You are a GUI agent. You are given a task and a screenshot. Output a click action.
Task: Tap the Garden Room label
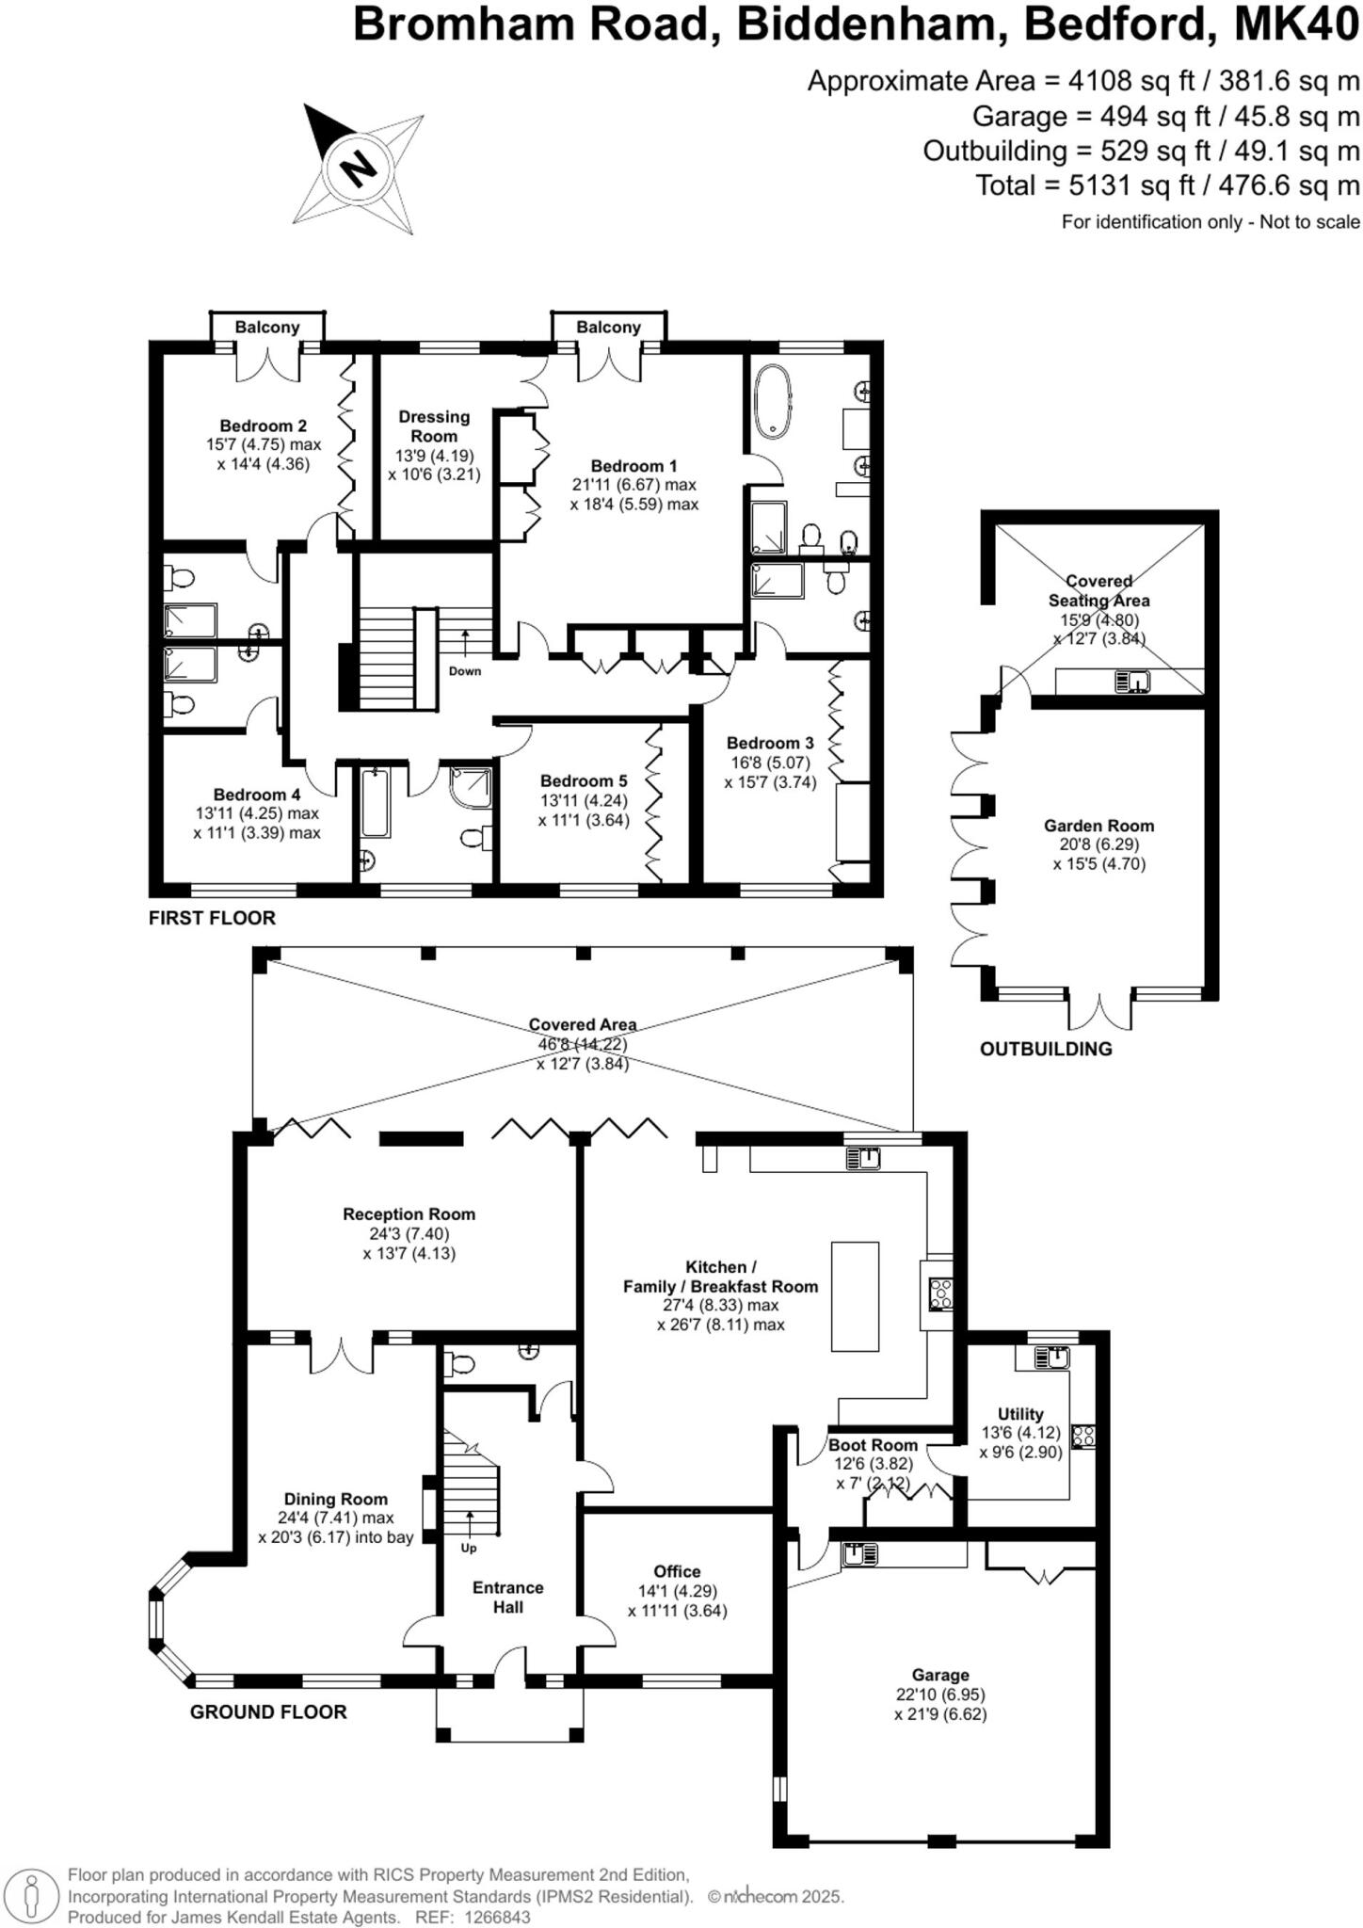tap(1098, 826)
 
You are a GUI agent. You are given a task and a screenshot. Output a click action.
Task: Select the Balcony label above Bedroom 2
tap(267, 327)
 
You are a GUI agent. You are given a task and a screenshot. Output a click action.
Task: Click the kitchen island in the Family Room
tap(855, 1296)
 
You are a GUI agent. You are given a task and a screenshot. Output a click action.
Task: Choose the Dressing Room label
tap(434, 426)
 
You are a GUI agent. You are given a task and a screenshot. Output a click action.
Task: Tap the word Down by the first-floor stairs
tap(465, 671)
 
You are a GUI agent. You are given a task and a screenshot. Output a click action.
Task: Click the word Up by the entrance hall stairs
tap(469, 1548)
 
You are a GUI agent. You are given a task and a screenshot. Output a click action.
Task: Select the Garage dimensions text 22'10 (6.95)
tap(940, 1695)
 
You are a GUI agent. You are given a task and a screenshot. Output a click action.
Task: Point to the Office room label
tap(678, 1571)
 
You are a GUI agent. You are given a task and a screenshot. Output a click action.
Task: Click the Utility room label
tap(1020, 1414)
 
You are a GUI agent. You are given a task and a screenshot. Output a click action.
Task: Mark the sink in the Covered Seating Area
tap(1132, 680)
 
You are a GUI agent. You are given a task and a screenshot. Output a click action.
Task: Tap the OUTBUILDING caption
tap(1046, 1049)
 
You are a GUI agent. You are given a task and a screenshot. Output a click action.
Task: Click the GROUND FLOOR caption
tap(268, 1711)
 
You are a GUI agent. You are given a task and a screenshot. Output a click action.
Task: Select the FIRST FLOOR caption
tap(212, 918)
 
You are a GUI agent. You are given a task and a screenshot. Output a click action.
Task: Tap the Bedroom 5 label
tap(584, 780)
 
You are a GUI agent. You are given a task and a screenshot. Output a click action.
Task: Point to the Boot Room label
tap(873, 1445)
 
